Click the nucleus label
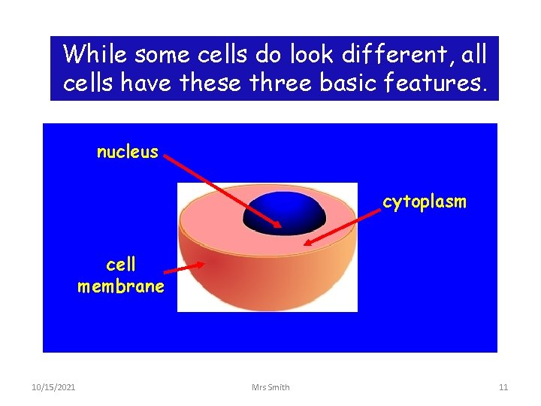point(127,152)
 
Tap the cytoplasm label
point(425,201)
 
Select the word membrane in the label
point(120,286)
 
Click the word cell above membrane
point(121,265)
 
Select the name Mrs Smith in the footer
point(270,387)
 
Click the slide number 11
point(503,387)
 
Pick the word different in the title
point(376,54)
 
